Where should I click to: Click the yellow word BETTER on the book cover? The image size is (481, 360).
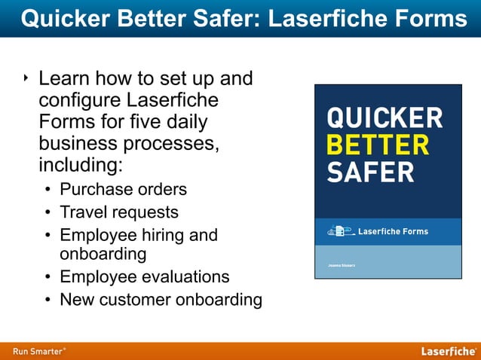[x=377, y=145]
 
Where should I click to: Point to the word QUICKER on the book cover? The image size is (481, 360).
[x=384, y=118]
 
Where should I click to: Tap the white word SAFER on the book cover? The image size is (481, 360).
[x=369, y=172]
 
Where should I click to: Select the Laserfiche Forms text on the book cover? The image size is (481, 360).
[x=392, y=231]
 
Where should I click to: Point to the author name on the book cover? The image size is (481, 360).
[x=341, y=266]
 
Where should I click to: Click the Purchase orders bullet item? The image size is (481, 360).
[x=123, y=188]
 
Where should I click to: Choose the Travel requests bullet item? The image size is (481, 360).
[x=119, y=212]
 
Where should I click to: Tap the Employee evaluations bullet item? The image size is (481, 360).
[x=144, y=276]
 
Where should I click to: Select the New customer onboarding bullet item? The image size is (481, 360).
[x=161, y=300]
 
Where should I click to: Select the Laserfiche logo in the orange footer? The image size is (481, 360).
[x=448, y=351]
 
